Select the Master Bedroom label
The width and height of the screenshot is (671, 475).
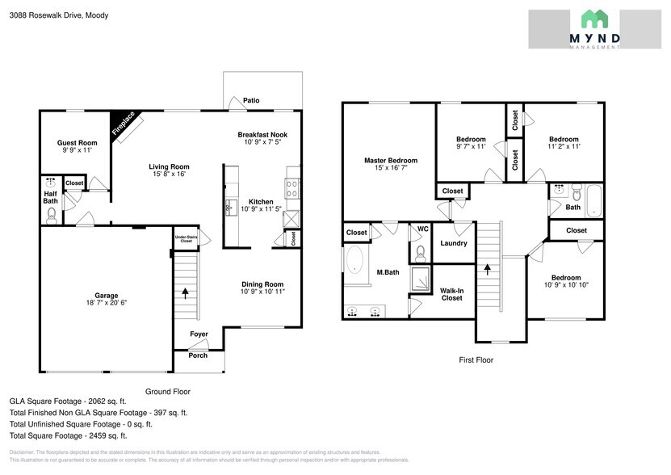tap(390, 161)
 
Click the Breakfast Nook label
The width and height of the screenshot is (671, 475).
tap(262, 134)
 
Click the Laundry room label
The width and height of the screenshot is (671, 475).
tap(453, 243)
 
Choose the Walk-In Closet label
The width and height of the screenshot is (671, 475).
tap(452, 294)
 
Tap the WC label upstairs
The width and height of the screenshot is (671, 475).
tap(421, 229)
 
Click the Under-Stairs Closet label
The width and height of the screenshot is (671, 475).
tap(186, 239)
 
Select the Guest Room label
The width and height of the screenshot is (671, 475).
tap(77, 143)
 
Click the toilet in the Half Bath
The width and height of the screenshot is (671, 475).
tap(51, 214)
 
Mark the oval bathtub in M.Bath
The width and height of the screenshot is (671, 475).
tap(354, 260)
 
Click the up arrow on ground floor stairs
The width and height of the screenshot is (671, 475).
tap(187, 292)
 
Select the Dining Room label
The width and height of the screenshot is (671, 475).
tap(262, 284)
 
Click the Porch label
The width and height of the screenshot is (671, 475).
tap(198, 355)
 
